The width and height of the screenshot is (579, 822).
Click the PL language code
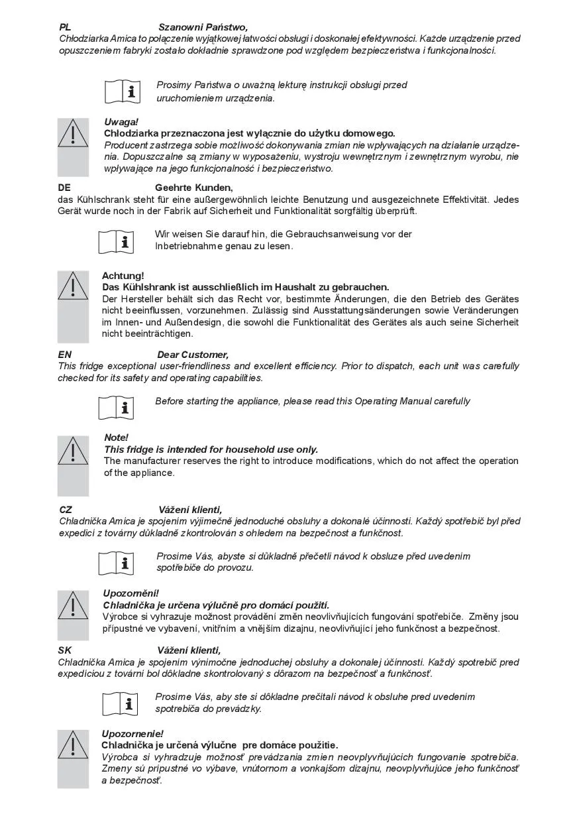point(65,27)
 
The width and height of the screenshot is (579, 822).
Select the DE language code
point(64,188)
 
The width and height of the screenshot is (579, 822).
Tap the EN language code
point(65,355)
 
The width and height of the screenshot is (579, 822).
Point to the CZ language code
point(66,510)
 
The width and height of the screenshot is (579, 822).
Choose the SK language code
point(65,650)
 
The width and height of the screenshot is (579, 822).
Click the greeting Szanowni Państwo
point(203,27)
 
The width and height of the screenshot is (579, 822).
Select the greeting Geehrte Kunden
point(194,188)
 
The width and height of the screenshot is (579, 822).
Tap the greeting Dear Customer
point(193,355)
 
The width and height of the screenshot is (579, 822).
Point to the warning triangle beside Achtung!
point(73,286)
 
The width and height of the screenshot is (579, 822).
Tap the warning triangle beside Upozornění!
point(73,606)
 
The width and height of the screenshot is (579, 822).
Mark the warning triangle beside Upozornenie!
point(73,746)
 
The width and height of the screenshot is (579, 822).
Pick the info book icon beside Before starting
point(117,407)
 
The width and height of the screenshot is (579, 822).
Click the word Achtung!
point(123,275)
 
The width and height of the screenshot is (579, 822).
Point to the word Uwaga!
point(121,122)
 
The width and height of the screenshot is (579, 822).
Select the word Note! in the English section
point(116,438)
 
